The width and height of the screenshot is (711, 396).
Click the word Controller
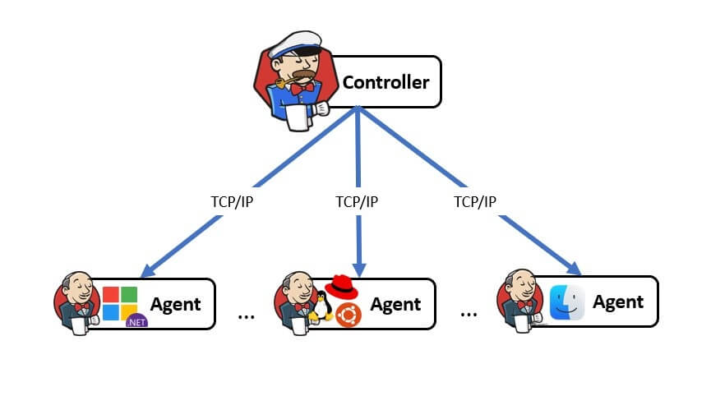pos(386,82)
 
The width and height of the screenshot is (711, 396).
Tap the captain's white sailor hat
pos(296,44)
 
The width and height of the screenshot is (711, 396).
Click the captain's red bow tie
pos(302,89)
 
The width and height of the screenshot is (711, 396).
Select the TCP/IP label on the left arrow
pos(232,201)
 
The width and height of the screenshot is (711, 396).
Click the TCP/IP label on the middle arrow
pos(357,201)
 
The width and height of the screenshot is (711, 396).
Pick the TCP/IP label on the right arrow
pos(475,201)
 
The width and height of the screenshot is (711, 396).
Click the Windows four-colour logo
pos(120,303)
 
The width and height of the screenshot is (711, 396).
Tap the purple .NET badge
pos(136,321)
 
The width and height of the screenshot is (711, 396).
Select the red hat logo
pos(341,287)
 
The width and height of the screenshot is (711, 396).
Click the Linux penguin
pos(322,306)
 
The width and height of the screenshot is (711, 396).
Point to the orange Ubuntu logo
pos(349,315)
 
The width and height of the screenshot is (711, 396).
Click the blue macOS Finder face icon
pos(567,302)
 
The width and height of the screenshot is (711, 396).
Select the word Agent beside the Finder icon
pos(618,302)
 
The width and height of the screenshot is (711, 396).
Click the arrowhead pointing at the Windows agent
pos(148,271)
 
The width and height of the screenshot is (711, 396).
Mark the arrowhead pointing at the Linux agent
pos(359,270)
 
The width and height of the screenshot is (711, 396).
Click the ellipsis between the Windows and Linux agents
pos(247,316)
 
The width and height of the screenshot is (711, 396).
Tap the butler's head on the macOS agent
pos(521,284)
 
